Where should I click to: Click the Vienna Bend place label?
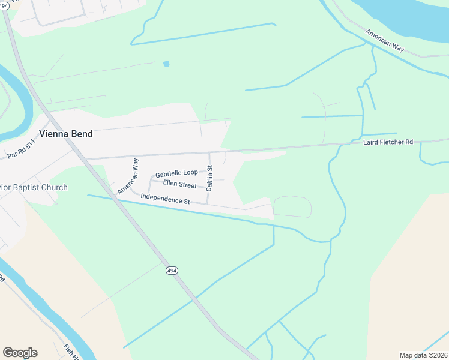pos(66,134)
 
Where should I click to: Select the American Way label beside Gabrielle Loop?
pos(128,176)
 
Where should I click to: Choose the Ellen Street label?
pos(179,185)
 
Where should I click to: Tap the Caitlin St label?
pos(209,178)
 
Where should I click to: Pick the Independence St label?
pos(165,199)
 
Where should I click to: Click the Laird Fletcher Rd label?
pos(388,142)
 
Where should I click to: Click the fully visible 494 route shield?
pos(172,271)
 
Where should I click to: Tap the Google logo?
pos(20,352)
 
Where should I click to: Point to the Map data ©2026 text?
pos(423,355)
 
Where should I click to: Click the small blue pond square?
pos(166,64)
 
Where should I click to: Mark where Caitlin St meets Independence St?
pos(208,204)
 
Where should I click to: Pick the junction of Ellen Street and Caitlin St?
pos(208,187)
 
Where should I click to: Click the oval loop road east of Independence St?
pos(292,206)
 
